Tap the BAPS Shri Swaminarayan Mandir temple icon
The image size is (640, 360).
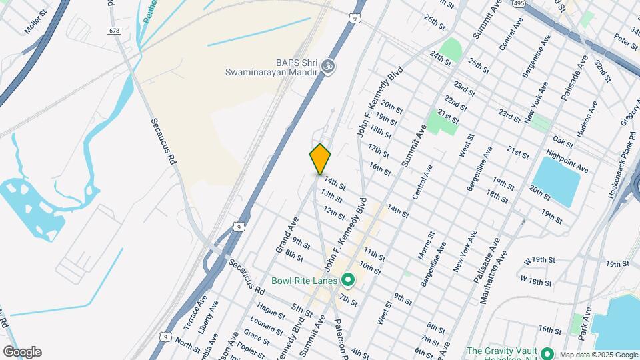(327, 66)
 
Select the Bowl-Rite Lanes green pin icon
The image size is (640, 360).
(347, 280)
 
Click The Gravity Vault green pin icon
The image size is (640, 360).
(547, 352)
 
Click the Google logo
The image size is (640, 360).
(22, 352)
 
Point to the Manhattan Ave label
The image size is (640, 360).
(494, 276)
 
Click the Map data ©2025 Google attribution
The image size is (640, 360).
(599, 355)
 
